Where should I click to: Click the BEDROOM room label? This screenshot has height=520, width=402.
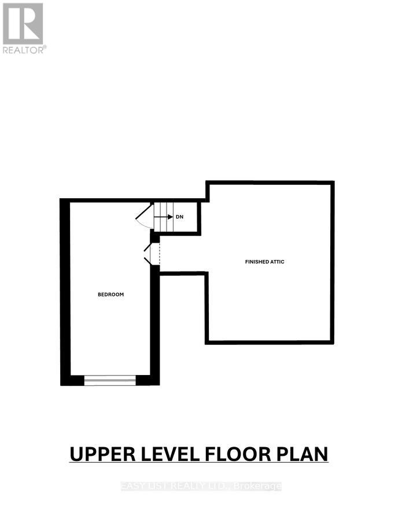[x=110, y=295]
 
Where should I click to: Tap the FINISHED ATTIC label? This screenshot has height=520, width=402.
[x=264, y=262]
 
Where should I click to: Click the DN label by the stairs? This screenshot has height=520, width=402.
[x=179, y=217]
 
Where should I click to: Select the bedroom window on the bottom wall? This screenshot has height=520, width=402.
[x=110, y=380]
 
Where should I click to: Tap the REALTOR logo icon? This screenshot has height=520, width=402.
[x=23, y=23]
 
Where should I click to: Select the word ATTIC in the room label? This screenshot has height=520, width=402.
[x=277, y=262]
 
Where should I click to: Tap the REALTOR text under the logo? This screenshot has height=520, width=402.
[x=24, y=50]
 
